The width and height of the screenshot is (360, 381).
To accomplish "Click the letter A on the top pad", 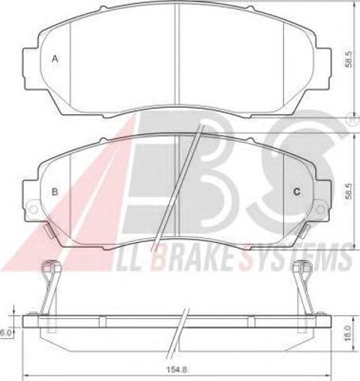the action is (55, 58).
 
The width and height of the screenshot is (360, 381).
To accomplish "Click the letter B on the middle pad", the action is (55, 191).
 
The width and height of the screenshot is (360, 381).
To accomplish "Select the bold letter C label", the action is (297, 191).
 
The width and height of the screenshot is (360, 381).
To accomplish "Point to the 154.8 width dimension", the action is (177, 369).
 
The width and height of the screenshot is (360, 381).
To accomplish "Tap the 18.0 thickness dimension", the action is (348, 333).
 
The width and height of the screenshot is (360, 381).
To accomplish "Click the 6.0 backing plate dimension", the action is (5, 333).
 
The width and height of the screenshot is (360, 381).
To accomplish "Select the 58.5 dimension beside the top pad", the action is (349, 59).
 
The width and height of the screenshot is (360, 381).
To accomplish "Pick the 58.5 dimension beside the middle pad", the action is (349, 191).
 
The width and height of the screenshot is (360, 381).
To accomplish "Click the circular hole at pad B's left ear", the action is (33, 209).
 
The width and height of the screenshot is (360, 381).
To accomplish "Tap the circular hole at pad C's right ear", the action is (320, 210).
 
